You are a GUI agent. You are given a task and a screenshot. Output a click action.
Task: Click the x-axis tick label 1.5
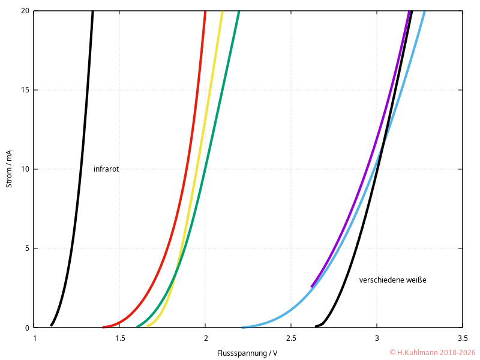point(119,338)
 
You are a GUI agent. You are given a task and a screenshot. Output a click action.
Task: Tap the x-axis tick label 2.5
point(291,338)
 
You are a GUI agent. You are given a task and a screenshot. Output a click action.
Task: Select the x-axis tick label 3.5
point(462,338)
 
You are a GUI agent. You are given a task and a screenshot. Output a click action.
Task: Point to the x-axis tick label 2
point(205,338)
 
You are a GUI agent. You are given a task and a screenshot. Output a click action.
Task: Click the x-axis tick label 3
point(377,338)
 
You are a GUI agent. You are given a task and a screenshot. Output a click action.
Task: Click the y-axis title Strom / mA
point(9,169)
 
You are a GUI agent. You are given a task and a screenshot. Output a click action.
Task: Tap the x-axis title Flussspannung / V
point(247,353)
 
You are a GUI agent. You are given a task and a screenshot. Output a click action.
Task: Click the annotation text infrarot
point(106,169)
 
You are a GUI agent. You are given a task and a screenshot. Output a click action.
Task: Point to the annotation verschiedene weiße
point(392,280)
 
